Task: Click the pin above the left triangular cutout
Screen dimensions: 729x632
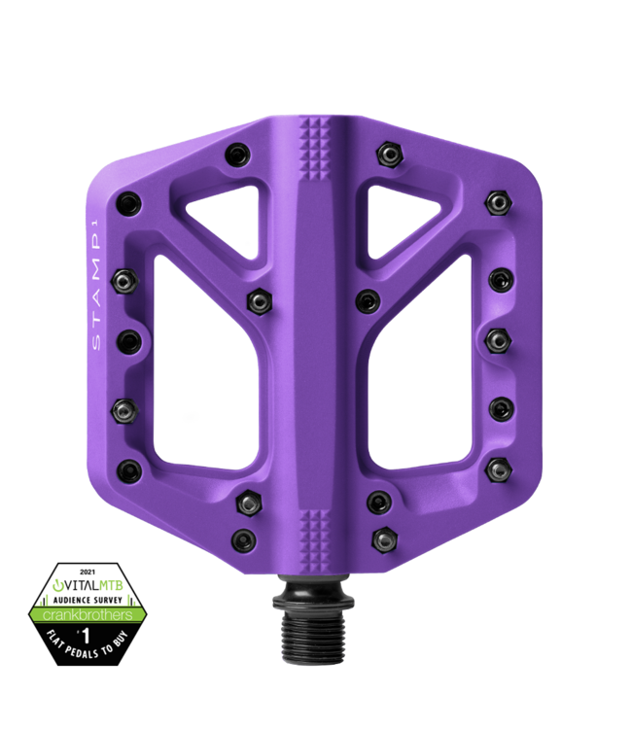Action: (x=236, y=153)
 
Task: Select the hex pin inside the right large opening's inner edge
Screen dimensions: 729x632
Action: (x=366, y=298)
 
